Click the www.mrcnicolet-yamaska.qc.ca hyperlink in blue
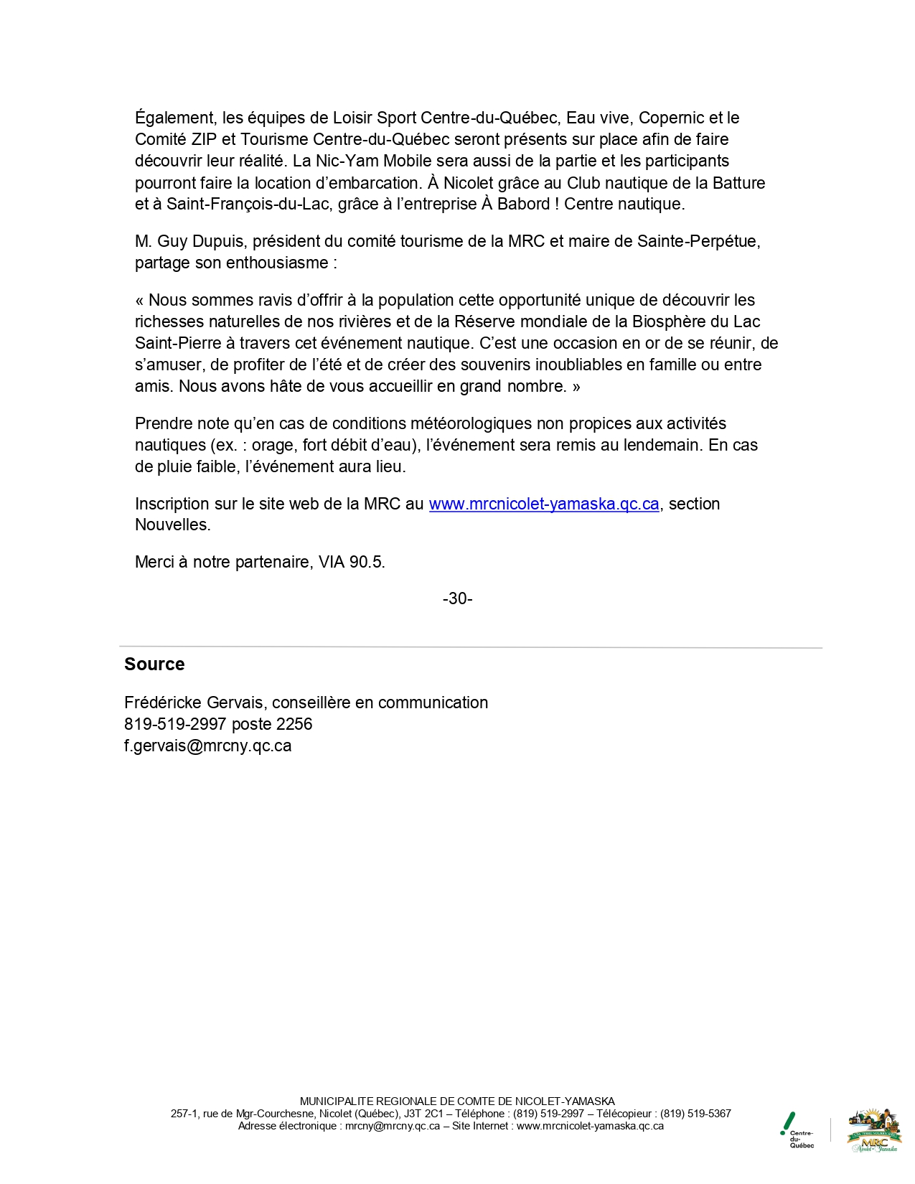tap(543, 504)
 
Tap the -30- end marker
tap(457, 598)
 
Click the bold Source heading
tap(154, 664)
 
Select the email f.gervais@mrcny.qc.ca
tap(207, 746)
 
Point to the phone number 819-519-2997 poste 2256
tap(218, 724)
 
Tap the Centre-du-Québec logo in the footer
tap(797, 1130)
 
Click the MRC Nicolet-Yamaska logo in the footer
tap(873, 1130)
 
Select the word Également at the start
tap(175, 118)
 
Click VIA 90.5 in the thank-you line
tap(351, 562)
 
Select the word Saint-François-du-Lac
tap(249, 204)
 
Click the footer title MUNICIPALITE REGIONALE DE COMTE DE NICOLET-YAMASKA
tap(457, 1101)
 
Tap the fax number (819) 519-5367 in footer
tap(695, 1114)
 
